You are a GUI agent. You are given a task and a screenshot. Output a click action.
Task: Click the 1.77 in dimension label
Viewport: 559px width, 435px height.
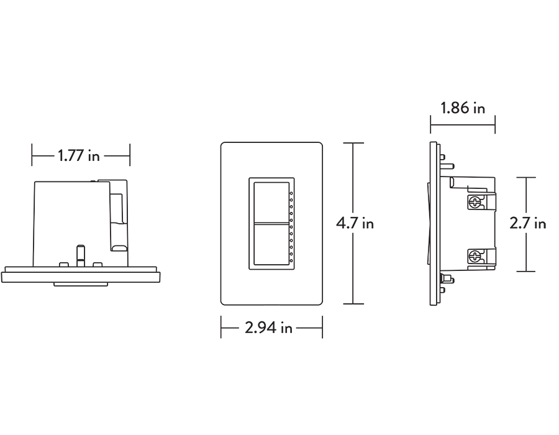pyautogui.click(x=79, y=155)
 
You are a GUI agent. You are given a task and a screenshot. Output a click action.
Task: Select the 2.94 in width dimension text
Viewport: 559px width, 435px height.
pyautogui.click(x=268, y=327)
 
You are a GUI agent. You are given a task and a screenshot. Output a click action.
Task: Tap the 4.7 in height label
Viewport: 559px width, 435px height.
pyautogui.click(x=355, y=222)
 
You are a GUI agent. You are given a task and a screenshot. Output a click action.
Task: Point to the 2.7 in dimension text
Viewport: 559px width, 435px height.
pyautogui.click(x=528, y=222)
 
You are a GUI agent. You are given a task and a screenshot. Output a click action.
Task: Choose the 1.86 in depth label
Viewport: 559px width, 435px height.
pyautogui.click(x=463, y=108)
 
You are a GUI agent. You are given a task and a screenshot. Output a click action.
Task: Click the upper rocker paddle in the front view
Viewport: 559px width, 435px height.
pyautogui.click(x=270, y=201)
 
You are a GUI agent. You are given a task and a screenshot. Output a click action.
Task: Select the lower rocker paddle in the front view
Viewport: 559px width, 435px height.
pyautogui.click(x=270, y=246)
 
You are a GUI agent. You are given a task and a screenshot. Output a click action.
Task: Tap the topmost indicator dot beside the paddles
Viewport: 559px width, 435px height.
pyautogui.click(x=291, y=195)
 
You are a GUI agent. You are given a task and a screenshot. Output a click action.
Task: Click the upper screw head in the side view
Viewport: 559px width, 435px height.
pyautogui.click(x=475, y=201)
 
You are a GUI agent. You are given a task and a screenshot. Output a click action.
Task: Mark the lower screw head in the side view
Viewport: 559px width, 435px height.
pyautogui.click(x=475, y=255)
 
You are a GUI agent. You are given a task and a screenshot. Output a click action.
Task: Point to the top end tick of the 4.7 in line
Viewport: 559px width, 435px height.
pyautogui.click(x=353, y=144)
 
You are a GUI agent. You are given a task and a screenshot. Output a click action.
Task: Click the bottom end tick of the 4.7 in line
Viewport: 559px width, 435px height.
pyautogui.click(x=353, y=304)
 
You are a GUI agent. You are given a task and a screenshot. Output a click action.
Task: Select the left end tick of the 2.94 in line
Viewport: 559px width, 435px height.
pyautogui.click(x=221, y=327)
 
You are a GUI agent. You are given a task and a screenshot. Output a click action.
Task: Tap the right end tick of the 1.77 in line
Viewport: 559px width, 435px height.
pyautogui.click(x=130, y=155)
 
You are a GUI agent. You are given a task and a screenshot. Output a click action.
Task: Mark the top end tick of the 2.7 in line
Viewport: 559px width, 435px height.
pyautogui.click(x=526, y=178)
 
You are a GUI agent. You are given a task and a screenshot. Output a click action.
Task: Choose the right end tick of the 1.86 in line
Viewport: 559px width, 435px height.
pyautogui.click(x=495, y=125)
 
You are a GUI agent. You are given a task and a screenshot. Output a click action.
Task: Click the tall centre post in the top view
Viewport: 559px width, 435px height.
pyautogui.click(x=79, y=255)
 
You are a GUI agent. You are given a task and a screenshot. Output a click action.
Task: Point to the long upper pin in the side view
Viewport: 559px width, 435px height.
pyautogui.click(x=449, y=167)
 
